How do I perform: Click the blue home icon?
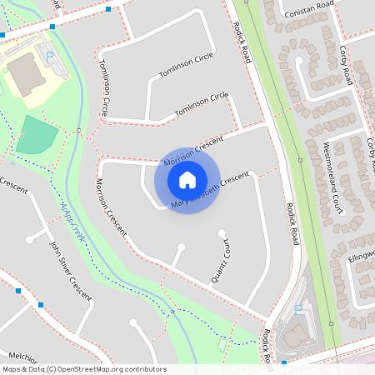click(187, 179)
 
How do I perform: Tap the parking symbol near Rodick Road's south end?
click(299, 309)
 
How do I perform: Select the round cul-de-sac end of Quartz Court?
click(222, 232)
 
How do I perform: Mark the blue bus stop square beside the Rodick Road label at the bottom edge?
click(284, 363)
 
